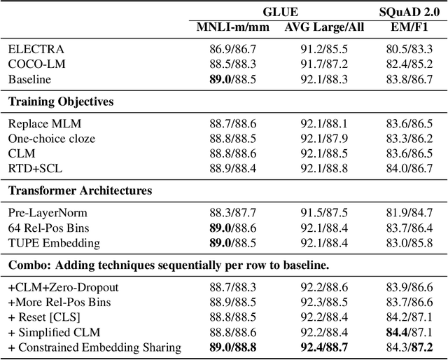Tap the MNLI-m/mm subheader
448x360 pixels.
click(228, 27)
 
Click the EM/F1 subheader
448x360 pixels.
click(408, 27)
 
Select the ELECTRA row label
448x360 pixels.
click(36, 50)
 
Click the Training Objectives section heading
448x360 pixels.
click(61, 101)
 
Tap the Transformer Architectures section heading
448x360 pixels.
click(80, 190)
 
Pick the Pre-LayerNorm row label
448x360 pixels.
click(48, 213)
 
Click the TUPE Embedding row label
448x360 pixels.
click(55, 242)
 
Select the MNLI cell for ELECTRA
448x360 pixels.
click(228, 50)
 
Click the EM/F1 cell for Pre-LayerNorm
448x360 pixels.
click(408, 213)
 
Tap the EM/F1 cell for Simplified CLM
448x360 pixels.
click(408, 331)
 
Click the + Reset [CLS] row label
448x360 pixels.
click(45, 317)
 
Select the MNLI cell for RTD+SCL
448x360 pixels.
click(228, 168)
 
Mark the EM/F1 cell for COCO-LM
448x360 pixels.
click(408, 64)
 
